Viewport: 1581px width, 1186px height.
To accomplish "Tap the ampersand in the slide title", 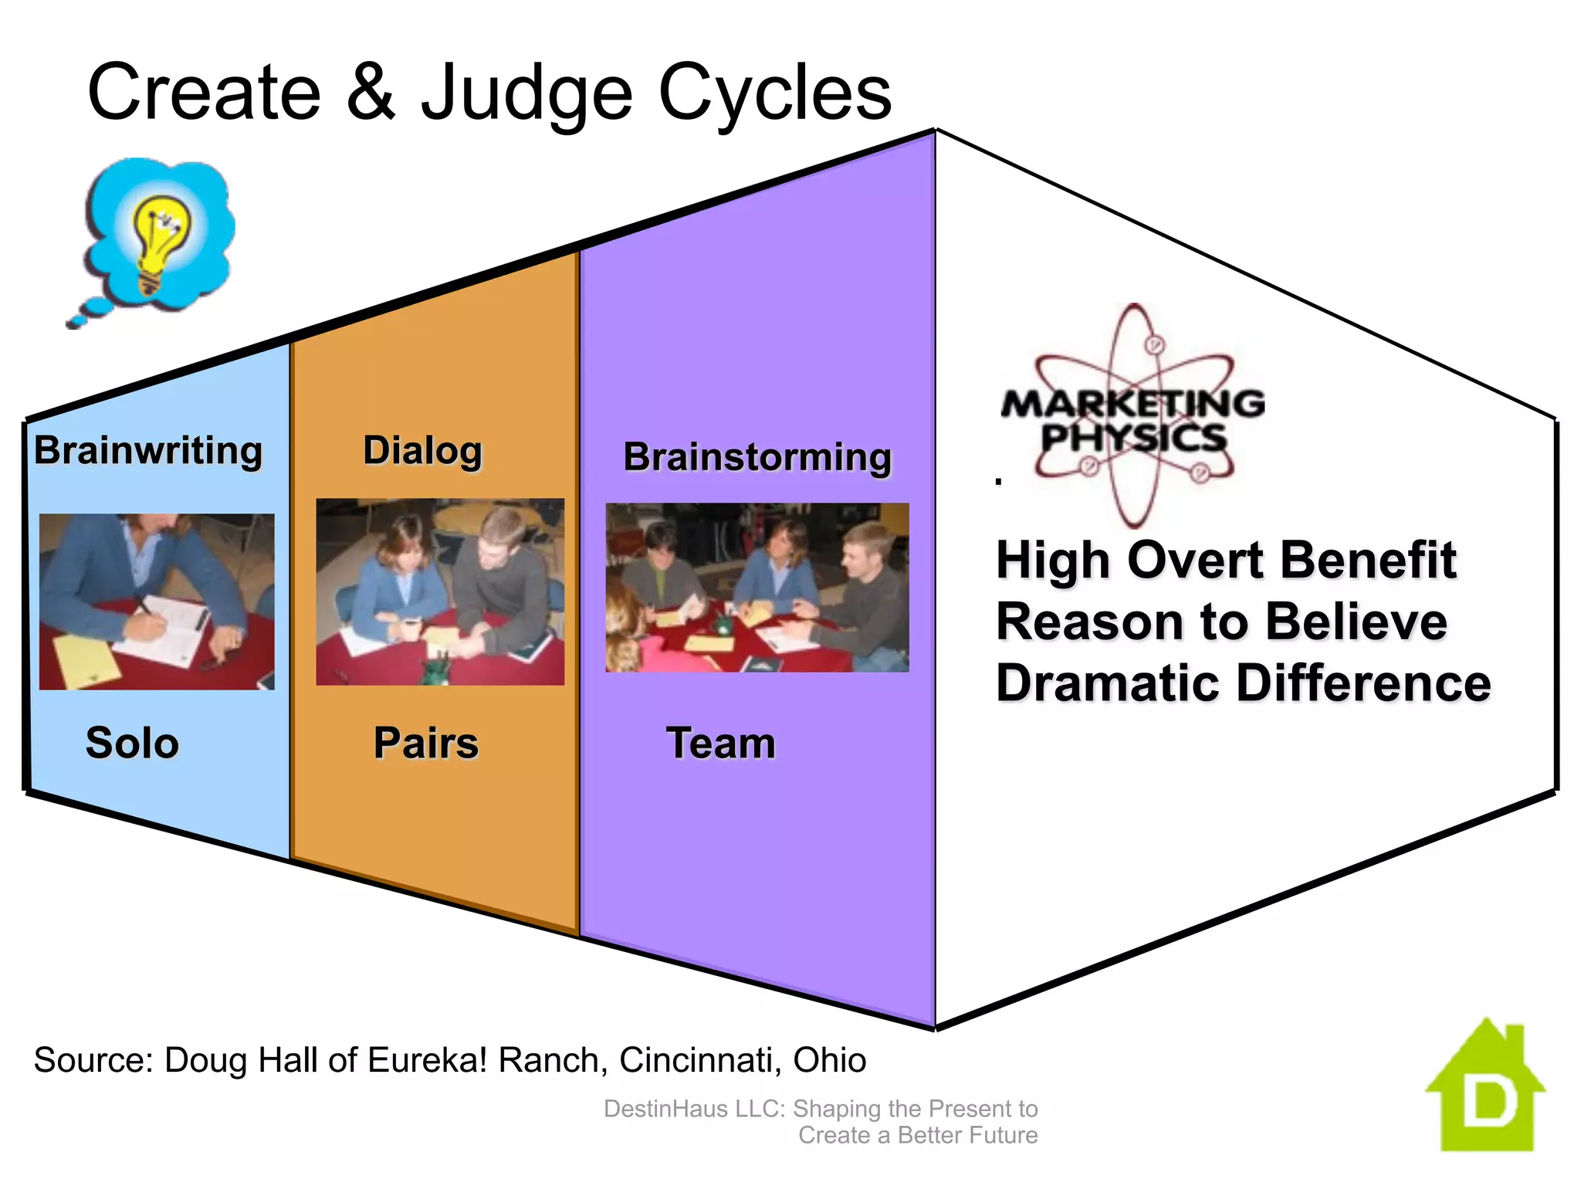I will [370, 93].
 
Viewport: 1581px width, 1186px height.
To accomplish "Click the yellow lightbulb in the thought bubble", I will [160, 239].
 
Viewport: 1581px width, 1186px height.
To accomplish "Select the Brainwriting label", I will [148, 450].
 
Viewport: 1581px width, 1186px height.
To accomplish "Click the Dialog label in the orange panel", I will [422, 451].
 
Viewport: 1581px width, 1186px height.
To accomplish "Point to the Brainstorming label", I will [757, 457].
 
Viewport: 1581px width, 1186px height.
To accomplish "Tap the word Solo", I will [132, 743].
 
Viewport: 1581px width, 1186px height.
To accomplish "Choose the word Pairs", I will [426, 743].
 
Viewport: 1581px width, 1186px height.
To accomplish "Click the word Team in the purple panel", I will [720, 743].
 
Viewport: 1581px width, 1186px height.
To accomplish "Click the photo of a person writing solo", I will [157, 601].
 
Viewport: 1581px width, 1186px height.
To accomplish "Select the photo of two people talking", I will [440, 591].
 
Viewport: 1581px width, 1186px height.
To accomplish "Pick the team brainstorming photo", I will [757, 588].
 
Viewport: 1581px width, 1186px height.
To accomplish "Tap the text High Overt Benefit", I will [1226, 560].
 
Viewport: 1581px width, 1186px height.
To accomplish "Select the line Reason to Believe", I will [1221, 622].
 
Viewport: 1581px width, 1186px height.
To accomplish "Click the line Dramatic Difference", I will [1243, 683].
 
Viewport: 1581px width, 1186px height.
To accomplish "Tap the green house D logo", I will [1486, 1089].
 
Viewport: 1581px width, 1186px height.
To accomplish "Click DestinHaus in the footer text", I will [665, 1109].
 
